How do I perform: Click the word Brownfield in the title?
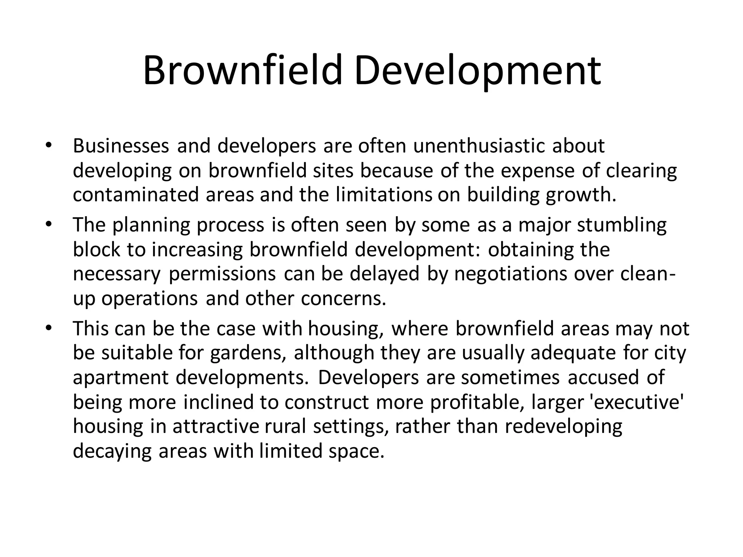(x=242, y=70)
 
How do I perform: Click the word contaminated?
(x=136, y=195)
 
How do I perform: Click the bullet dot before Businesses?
(x=49, y=146)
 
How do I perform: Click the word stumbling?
(x=621, y=225)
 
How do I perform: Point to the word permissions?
(x=222, y=273)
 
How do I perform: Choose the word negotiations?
(x=510, y=273)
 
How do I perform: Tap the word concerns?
(x=344, y=298)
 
